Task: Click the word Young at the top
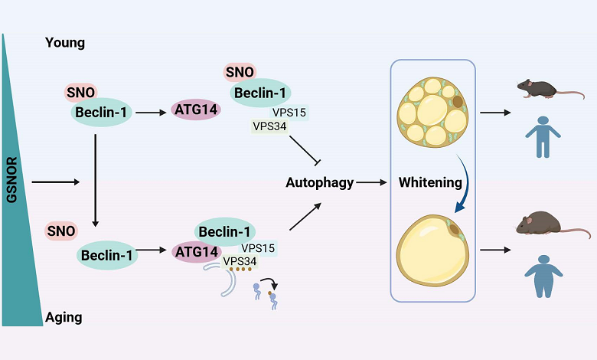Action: [x=65, y=43]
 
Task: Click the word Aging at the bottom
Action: [x=64, y=316]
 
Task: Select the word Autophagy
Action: [x=319, y=183]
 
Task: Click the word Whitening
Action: [x=430, y=183]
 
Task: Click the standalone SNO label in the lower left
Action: [x=61, y=230]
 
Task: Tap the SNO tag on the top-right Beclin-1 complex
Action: [x=240, y=73]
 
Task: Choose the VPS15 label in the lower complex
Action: [x=258, y=248]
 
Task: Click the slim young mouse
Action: [x=540, y=88]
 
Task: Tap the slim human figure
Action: [x=543, y=136]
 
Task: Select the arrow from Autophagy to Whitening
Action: [x=371, y=183]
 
